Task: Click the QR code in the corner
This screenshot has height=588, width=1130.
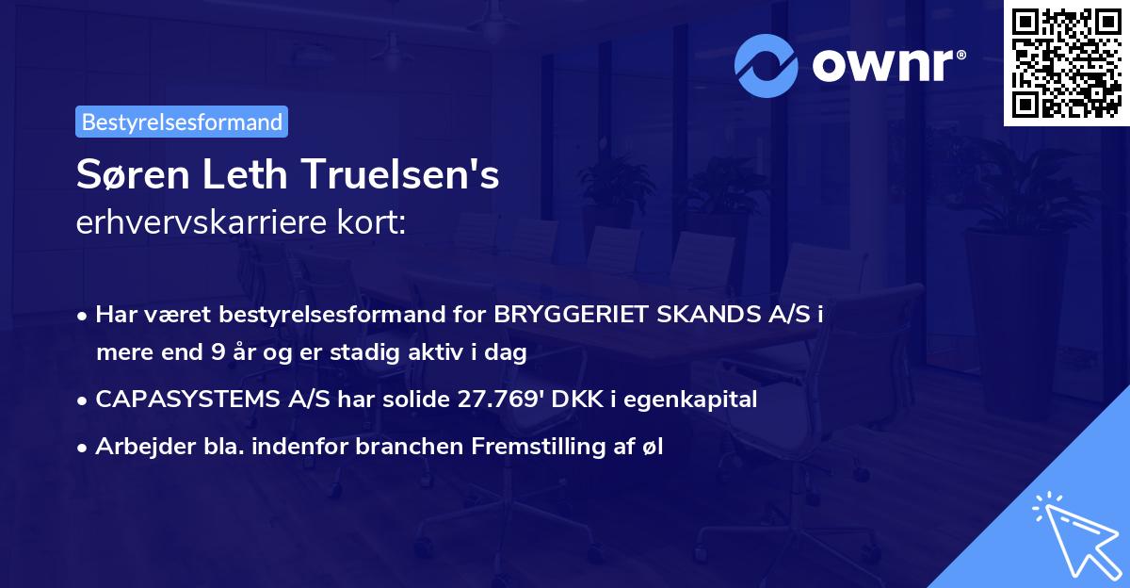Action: (1066, 62)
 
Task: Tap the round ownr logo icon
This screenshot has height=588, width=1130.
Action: (767, 66)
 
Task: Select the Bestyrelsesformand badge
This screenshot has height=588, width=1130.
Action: (182, 122)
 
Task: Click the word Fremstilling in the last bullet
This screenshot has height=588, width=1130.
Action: (549, 447)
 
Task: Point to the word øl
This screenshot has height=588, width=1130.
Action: (653, 447)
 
